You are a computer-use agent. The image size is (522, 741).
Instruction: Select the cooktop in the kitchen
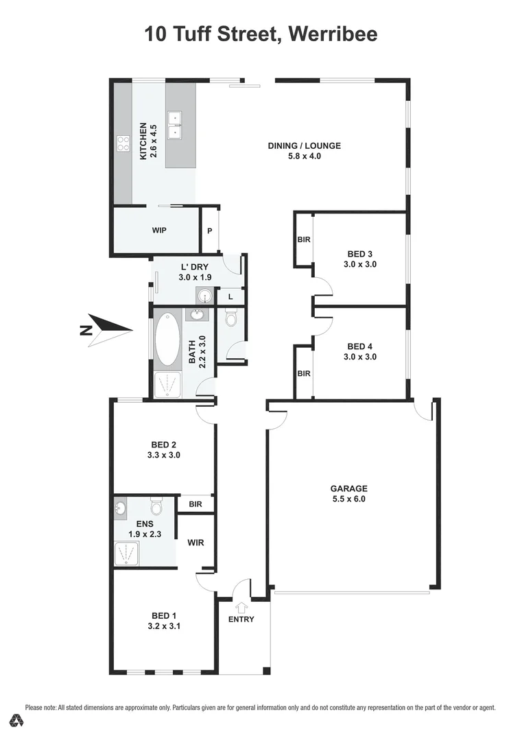pyautogui.click(x=123, y=143)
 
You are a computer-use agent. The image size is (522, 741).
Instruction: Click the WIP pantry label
pyautogui.click(x=159, y=231)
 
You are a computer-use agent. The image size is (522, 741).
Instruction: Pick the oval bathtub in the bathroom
pyautogui.click(x=165, y=340)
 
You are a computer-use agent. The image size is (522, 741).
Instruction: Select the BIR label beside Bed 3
pyautogui.click(x=303, y=240)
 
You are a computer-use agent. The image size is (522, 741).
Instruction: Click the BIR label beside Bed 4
pyautogui.click(x=303, y=374)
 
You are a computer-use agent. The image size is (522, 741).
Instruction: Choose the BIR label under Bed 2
pyautogui.click(x=195, y=504)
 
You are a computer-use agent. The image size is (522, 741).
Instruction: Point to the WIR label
pyautogui.click(x=195, y=542)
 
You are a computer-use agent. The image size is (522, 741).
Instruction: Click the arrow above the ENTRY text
pyautogui.click(x=241, y=607)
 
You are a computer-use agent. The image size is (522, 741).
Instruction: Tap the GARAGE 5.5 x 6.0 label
pyautogui.click(x=350, y=494)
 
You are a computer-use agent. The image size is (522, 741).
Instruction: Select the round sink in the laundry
pyautogui.click(x=204, y=296)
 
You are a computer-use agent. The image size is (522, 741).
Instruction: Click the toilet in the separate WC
pyautogui.click(x=230, y=318)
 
